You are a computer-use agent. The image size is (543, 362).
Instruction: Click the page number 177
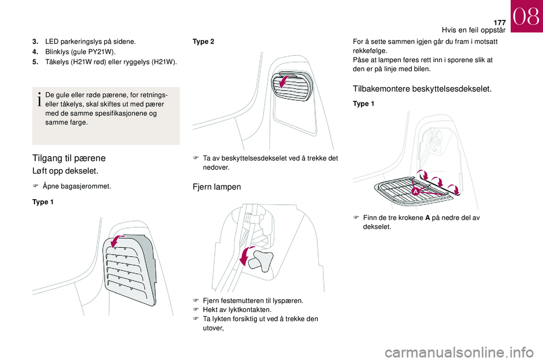click(x=499, y=23)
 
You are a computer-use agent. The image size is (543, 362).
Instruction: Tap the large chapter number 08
click(x=526, y=16)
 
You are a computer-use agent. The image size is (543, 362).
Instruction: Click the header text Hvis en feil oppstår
click(x=473, y=30)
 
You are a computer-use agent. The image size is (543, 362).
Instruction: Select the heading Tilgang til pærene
click(x=69, y=158)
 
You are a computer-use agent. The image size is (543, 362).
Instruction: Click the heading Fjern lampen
click(x=217, y=187)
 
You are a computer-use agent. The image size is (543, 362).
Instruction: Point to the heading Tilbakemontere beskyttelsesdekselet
click(x=422, y=89)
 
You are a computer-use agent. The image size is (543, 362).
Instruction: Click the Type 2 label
click(x=203, y=41)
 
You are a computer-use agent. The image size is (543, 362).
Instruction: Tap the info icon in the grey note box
click(x=40, y=99)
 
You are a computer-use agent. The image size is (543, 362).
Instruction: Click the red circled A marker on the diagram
click(x=415, y=191)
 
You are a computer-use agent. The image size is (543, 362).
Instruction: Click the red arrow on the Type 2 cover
click(x=285, y=82)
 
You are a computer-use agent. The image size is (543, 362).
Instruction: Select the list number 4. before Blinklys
click(x=35, y=52)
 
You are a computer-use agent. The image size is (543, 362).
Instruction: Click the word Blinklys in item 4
click(x=57, y=52)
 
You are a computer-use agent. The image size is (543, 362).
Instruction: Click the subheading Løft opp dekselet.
click(x=66, y=171)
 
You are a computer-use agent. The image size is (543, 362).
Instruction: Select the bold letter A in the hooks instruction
click(x=428, y=218)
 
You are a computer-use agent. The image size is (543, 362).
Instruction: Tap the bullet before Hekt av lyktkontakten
click(x=196, y=309)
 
